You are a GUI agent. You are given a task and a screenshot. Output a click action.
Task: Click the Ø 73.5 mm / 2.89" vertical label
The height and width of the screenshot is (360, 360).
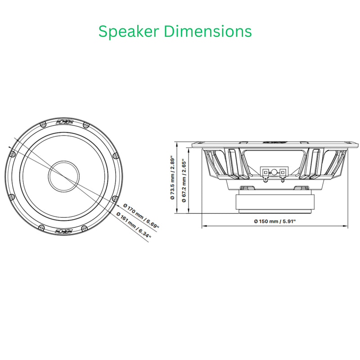click(172, 177)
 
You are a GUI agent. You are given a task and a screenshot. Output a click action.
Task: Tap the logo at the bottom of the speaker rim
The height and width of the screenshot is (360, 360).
click(63, 231)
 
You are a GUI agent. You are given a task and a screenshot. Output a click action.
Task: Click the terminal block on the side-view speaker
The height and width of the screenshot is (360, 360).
click(274, 172)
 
